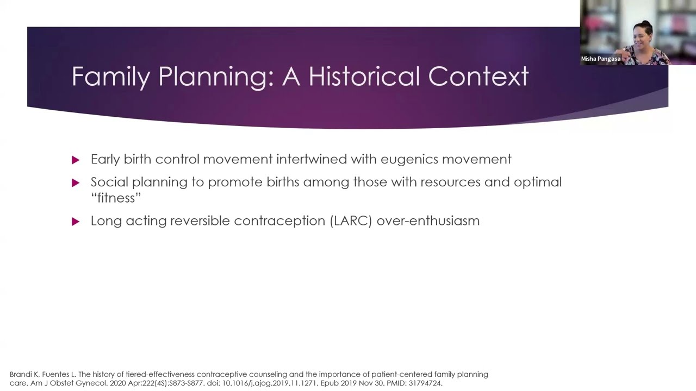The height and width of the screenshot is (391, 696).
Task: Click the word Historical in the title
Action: tap(365, 76)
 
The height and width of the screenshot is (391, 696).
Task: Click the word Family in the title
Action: tap(110, 77)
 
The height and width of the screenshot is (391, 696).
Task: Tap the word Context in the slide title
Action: tap(478, 76)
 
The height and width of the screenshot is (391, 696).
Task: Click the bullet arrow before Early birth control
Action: tap(76, 160)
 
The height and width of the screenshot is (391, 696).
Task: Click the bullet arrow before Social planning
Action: tap(76, 183)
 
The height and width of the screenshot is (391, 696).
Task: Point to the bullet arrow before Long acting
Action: tap(76, 222)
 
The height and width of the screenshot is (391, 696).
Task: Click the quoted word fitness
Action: tap(116, 198)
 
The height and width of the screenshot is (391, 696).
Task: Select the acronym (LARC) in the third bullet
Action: tap(351, 221)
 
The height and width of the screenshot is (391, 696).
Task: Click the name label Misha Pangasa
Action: tap(600, 59)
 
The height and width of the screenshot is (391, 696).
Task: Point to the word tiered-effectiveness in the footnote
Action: tap(160, 374)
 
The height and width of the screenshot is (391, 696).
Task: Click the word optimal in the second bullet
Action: tap(538, 182)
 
